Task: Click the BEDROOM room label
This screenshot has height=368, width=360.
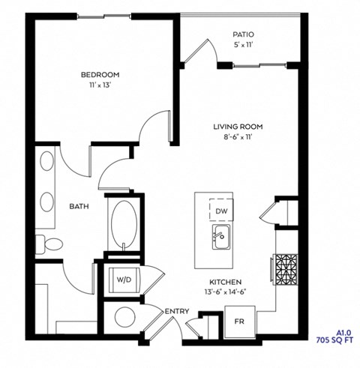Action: pyautogui.click(x=100, y=75)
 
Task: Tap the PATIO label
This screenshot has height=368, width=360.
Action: pyautogui.click(x=242, y=34)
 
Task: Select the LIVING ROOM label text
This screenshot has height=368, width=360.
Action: pyautogui.click(x=238, y=127)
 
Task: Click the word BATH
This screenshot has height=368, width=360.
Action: pyautogui.click(x=80, y=206)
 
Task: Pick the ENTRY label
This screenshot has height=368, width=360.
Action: pyautogui.click(x=177, y=310)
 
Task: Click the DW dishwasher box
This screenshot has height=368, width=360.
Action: pyautogui.click(x=221, y=212)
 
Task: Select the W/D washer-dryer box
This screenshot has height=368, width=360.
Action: pyautogui.click(x=122, y=280)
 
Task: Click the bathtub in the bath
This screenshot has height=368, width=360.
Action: pyautogui.click(x=121, y=222)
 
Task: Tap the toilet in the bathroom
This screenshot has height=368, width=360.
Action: pyautogui.click(x=52, y=242)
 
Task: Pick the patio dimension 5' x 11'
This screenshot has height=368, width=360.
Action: pyautogui.click(x=242, y=46)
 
